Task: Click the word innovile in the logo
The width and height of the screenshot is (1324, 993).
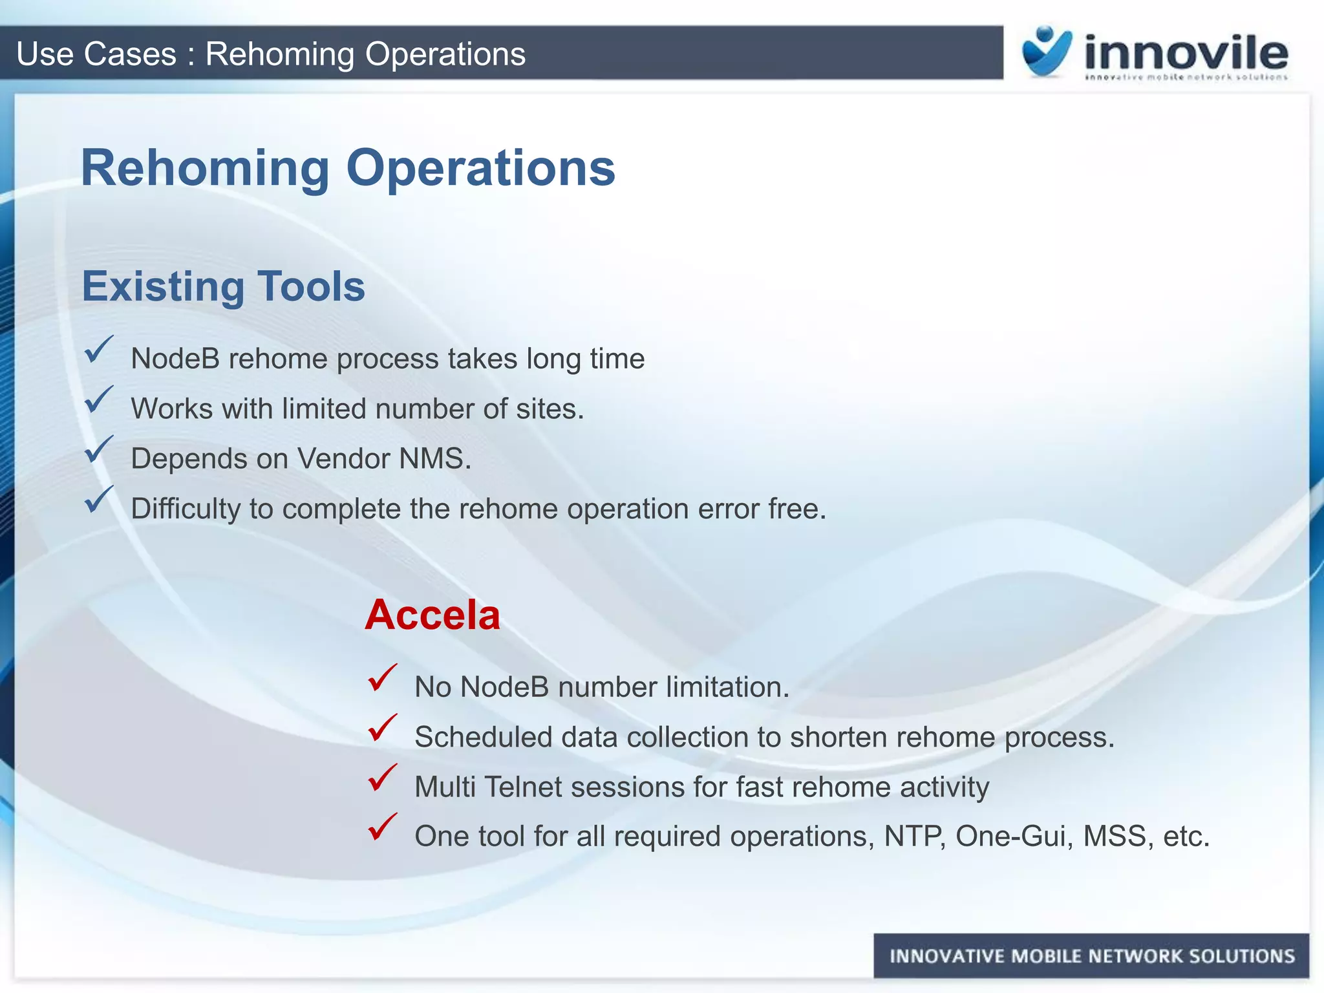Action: point(1186,53)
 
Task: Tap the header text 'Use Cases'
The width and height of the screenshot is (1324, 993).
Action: point(96,54)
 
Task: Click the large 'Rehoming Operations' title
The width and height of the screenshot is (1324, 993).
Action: point(348,168)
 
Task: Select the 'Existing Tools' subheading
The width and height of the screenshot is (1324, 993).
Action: point(224,286)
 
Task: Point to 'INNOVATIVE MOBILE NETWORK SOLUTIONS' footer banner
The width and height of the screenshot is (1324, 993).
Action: point(1091,956)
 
